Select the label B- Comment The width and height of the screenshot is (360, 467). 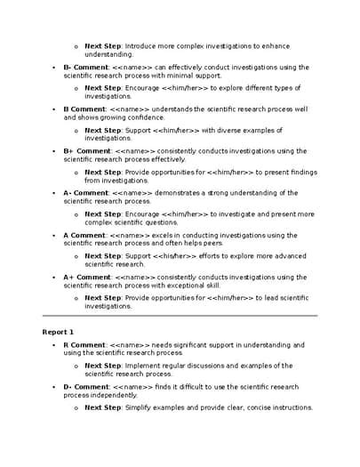point(85,67)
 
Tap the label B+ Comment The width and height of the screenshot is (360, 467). point(86,151)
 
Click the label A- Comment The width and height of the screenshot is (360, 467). point(85,193)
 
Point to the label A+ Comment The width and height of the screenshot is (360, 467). point(86,277)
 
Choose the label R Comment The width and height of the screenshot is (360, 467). point(84,344)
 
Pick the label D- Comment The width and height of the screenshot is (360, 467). point(85,386)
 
